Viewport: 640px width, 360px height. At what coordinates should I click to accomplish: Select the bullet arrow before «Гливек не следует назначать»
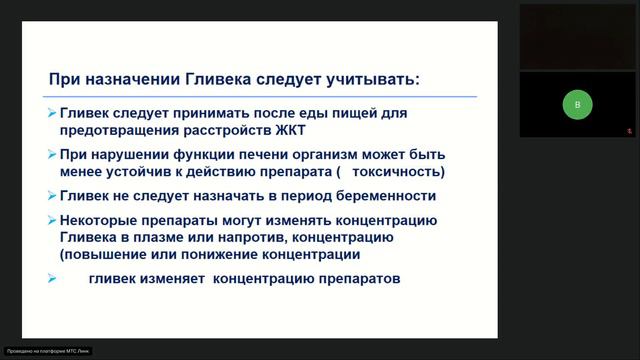pyautogui.click(x=52, y=195)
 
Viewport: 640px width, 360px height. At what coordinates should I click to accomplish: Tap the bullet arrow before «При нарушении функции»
pyautogui.click(x=52, y=155)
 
